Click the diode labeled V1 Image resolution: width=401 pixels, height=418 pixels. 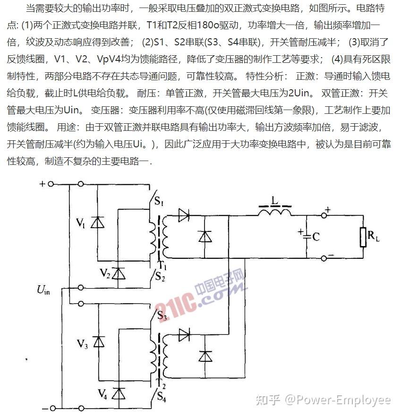[97, 222]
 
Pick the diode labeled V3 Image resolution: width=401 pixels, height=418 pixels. [98, 341]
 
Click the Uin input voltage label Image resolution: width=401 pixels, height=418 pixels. [43, 289]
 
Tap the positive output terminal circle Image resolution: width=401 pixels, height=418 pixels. [324, 215]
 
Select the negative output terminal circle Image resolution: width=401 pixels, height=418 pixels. [324, 258]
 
